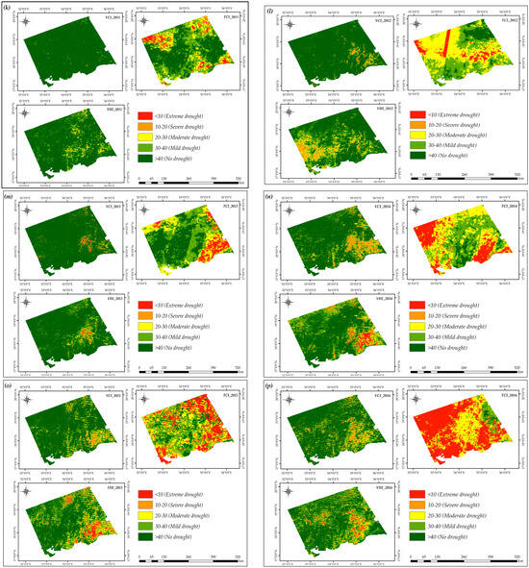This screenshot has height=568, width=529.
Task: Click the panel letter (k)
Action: [x=10, y=10]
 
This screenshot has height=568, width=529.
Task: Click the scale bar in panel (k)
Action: [x=192, y=180]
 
